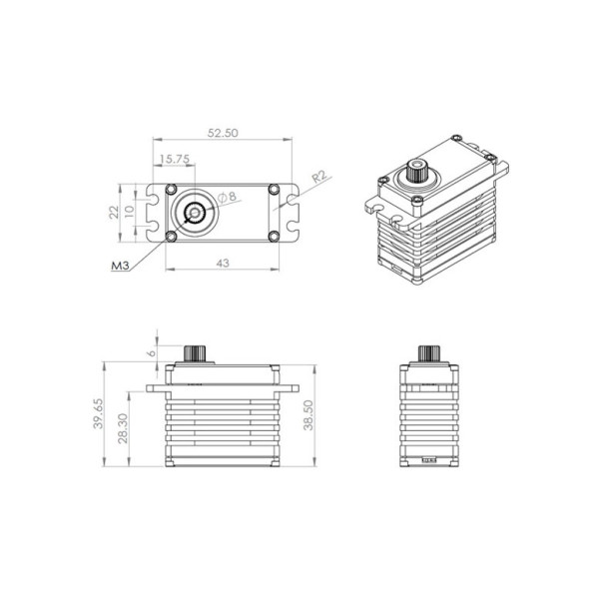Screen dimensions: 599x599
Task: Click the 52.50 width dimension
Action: [x=223, y=133]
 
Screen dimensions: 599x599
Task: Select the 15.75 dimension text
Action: [x=174, y=159]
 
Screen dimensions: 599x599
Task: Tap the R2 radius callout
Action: [x=319, y=177]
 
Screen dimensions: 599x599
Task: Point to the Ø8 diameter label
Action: [x=227, y=197]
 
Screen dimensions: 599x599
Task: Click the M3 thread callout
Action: [x=120, y=266]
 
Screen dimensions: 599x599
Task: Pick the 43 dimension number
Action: [x=223, y=264]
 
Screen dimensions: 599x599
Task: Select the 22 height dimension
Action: [x=114, y=212]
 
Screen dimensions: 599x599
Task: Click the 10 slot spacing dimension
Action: [x=130, y=212]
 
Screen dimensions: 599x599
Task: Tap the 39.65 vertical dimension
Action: [x=98, y=413]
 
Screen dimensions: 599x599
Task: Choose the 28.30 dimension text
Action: [x=123, y=428]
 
